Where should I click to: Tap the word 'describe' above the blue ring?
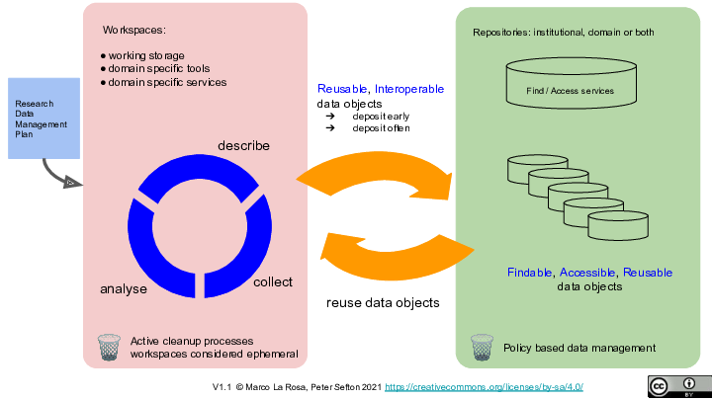(243, 145)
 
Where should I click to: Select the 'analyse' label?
(124, 289)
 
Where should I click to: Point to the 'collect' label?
(273, 282)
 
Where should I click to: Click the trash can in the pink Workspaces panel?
(109, 348)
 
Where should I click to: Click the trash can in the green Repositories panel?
(482, 348)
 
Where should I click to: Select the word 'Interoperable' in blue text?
(409, 89)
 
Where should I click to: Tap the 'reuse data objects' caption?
(383, 303)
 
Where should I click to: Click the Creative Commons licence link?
(484, 386)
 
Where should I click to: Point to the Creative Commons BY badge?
(677, 386)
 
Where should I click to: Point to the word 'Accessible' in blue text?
(589, 273)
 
